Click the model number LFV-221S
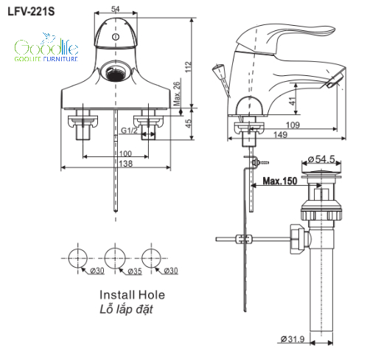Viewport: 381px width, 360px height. coord(31,12)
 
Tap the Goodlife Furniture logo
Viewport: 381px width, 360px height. coord(46,47)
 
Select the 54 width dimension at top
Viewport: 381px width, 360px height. coord(115,9)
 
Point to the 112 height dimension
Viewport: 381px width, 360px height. coord(188,67)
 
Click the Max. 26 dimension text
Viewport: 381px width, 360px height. coord(177,94)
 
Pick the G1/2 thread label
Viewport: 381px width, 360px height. coord(129,130)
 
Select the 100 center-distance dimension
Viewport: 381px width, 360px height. coord(125,153)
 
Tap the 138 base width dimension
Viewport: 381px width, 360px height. coord(125,164)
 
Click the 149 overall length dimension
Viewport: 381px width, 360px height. coord(280,135)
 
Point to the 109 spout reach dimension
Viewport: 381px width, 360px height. coord(293,125)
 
